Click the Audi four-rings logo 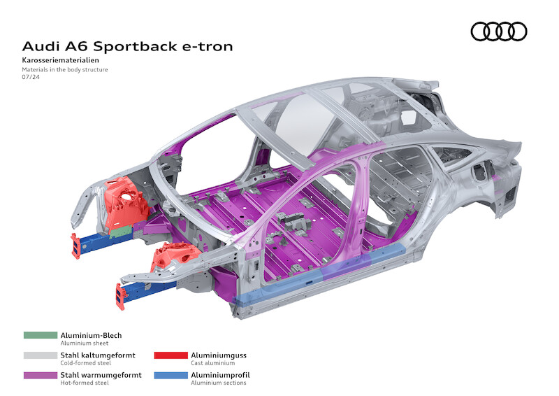click(x=499, y=31)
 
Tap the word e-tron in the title click(x=206, y=47)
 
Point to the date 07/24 click(x=31, y=78)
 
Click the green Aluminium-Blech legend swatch click(x=40, y=336)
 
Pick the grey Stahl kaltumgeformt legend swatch click(x=40, y=355)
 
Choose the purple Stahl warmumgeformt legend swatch click(x=40, y=375)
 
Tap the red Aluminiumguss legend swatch click(x=170, y=355)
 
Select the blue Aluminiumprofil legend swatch click(x=170, y=375)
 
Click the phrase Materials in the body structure click(x=65, y=70)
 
